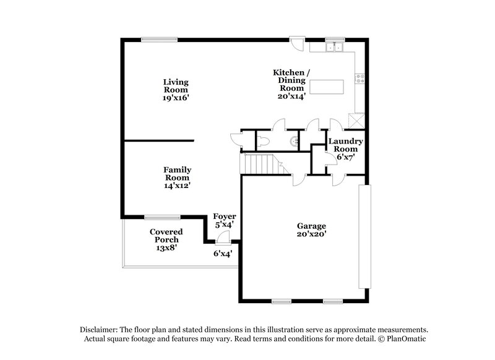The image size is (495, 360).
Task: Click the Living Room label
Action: point(176,89)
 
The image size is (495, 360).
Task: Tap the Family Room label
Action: point(177,178)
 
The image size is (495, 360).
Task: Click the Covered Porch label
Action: point(166,239)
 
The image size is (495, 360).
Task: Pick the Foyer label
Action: point(225,220)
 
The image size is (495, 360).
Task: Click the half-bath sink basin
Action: point(295,142)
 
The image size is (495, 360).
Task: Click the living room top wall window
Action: point(159,39)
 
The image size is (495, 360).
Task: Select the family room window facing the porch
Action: point(162,216)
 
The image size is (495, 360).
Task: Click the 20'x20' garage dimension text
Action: point(311,234)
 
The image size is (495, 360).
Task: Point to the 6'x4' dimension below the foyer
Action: point(223,253)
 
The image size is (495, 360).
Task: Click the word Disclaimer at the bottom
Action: point(98,330)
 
